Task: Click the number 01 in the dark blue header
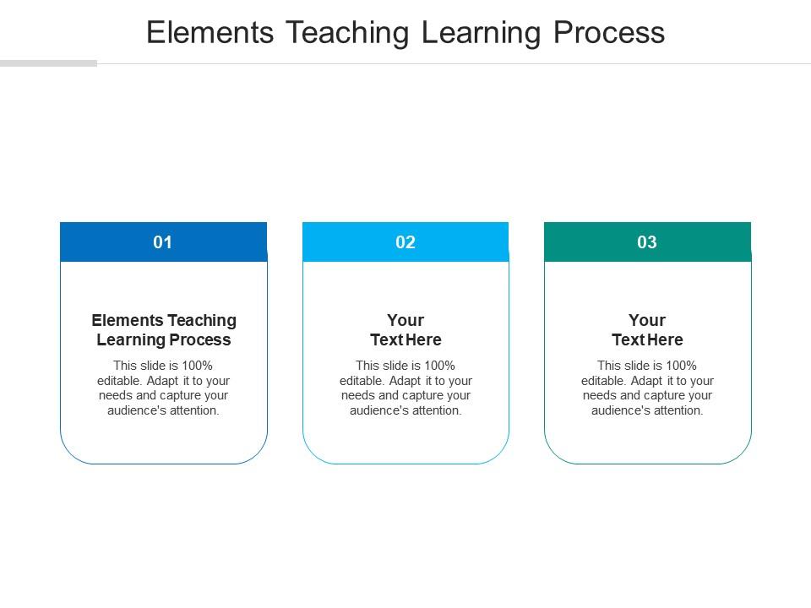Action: point(162,242)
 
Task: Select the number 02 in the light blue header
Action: point(405,242)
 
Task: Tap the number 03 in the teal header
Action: point(647,242)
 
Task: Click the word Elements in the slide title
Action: point(210,33)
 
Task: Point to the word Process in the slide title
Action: point(609,33)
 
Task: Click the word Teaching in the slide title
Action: point(347,34)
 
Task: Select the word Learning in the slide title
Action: point(482,34)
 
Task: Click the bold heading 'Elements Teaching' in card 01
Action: point(164,321)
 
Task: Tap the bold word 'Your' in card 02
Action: point(405,320)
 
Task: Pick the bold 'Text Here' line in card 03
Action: point(647,339)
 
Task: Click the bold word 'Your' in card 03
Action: point(647,320)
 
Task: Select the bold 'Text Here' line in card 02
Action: point(405,339)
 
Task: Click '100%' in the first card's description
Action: point(197,366)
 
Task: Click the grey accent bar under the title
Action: point(49,63)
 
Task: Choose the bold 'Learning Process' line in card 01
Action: point(164,340)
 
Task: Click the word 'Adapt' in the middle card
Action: point(405,382)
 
